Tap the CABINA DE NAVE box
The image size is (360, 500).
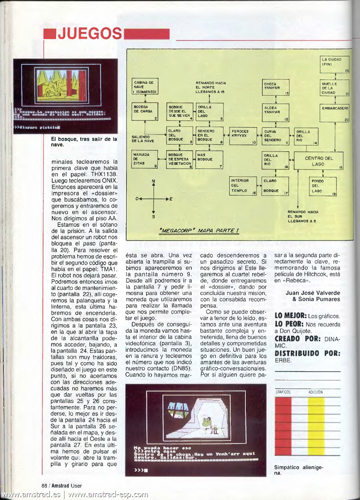coord(145,86)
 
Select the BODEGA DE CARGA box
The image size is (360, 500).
coord(145,112)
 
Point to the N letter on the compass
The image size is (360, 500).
coord(154,181)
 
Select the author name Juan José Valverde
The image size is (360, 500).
coord(313,293)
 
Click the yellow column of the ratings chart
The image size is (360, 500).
coord(316,426)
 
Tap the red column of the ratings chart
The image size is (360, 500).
coord(283,426)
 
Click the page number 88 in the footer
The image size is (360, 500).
coord(44,485)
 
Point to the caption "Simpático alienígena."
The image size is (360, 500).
coord(298,470)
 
